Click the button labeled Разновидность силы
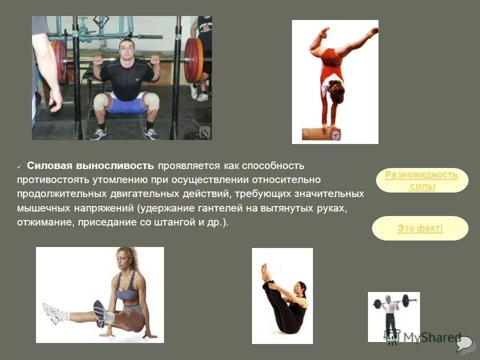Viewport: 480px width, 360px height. coord(421,180)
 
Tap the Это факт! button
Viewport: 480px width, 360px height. coord(420,228)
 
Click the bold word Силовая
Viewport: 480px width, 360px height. coord(50,165)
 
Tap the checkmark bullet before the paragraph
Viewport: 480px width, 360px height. coord(19,166)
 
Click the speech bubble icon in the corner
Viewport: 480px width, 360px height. coord(463,343)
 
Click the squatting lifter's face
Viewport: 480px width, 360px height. coord(127,50)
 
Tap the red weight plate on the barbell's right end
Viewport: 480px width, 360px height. coord(192,60)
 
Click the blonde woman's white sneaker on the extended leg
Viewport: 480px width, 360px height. coord(52,313)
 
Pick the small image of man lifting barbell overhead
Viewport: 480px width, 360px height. coord(393,316)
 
